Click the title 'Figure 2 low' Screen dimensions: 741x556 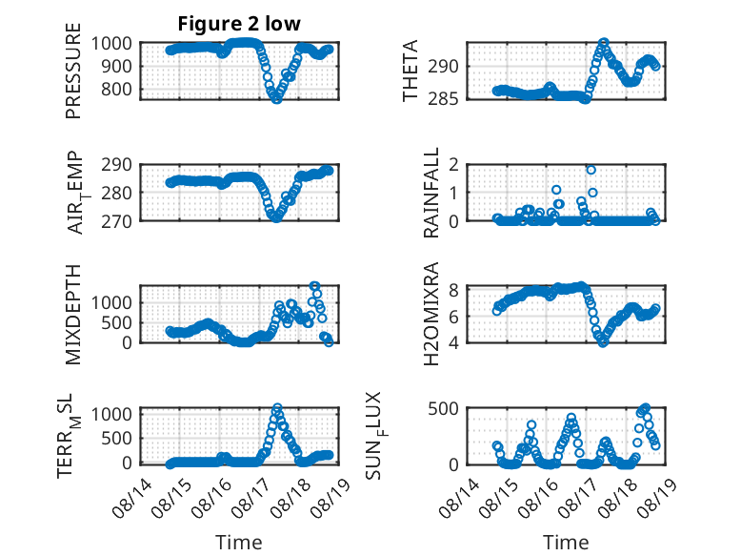coord(239,24)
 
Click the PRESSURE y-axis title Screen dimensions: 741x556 coord(73,71)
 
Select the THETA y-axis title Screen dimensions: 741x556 coord(411,71)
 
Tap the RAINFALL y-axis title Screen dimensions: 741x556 coord(431,193)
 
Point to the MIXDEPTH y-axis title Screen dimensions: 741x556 coord(73,314)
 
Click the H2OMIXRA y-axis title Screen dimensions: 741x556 coord(431,314)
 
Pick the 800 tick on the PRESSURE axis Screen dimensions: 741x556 coord(116,89)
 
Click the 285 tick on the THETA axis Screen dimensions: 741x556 coord(444,99)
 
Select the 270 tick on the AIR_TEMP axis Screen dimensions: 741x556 coord(116,221)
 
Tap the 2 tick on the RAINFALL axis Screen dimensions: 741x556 coord(454,165)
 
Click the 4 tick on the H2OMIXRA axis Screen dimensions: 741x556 coord(454,342)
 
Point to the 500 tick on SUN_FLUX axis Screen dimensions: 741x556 coord(444,408)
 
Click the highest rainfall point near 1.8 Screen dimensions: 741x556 coord(591,170)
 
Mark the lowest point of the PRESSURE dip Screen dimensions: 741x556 coord(276,99)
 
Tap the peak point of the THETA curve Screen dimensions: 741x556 coord(604,43)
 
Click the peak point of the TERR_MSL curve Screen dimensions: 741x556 coord(277,407)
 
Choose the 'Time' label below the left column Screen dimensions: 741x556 coord(239,543)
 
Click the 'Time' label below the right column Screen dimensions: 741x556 coord(566,543)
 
